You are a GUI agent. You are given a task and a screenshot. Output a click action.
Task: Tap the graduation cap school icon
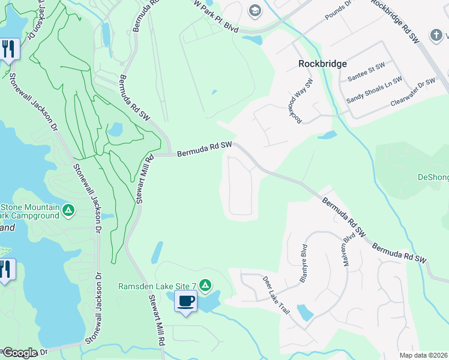point(255,10)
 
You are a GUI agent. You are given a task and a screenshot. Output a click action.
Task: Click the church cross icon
point(437,35)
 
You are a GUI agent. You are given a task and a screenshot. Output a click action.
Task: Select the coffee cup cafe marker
point(186,301)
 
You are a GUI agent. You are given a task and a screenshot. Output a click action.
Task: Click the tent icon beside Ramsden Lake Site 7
point(205,285)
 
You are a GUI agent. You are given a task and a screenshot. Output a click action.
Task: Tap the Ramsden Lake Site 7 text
point(157,286)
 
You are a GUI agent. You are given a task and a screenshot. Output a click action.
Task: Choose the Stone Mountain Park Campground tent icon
point(69,210)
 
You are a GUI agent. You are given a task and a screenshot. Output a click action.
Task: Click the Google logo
point(19,353)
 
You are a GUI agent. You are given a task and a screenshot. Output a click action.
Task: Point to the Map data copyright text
point(424,355)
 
